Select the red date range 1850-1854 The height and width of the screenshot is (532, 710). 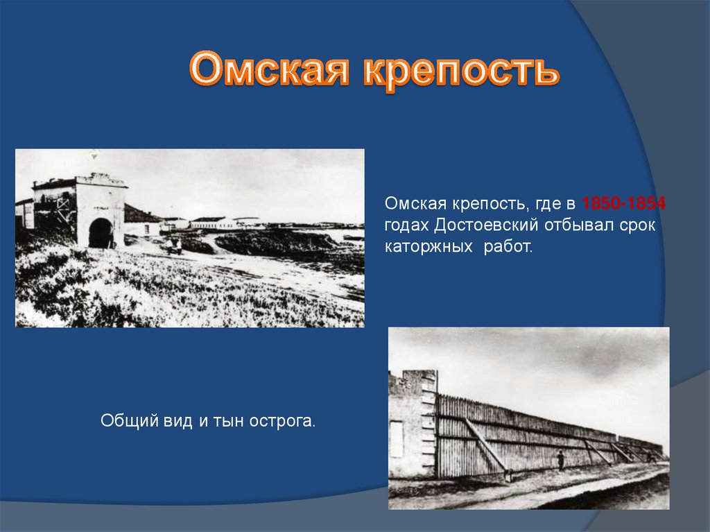pos(623,203)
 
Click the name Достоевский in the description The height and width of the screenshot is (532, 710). pos(486,225)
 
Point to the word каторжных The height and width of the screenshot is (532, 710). pos(428,246)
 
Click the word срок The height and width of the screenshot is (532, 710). pos(637,225)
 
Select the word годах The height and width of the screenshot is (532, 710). pos(406,225)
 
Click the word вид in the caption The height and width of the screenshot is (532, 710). pos(178,421)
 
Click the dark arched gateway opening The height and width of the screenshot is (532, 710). pos(100,233)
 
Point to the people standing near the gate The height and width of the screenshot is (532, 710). pos(174,246)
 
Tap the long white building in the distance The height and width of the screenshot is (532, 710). pos(214,223)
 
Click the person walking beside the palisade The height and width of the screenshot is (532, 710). pos(560,461)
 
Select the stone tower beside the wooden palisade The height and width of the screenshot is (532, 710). pos(412,424)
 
